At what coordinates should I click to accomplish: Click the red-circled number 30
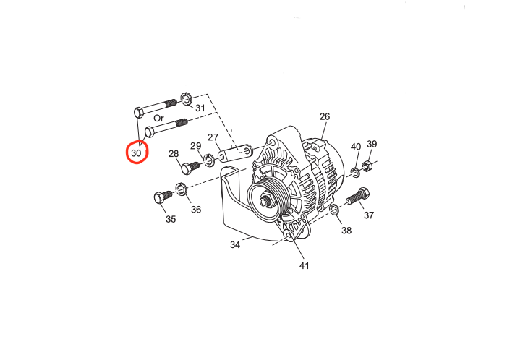tap(137, 153)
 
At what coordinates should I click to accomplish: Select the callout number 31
tap(200, 108)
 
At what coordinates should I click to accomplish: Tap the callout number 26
tap(324, 116)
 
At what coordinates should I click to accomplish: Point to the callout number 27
tap(213, 137)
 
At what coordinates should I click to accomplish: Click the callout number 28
tap(174, 153)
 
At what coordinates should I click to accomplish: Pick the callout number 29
tap(196, 147)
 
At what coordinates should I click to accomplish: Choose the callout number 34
tap(235, 245)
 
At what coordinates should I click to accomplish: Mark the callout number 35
tap(170, 218)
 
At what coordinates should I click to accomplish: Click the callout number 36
tap(196, 210)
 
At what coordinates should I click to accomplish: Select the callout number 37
tap(369, 215)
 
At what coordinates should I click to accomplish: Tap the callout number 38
tap(346, 231)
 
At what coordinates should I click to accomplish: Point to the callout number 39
tap(372, 144)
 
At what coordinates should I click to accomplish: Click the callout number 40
tap(356, 147)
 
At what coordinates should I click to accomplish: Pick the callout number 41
tap(304, 266)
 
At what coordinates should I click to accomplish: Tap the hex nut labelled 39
tap(367, 166)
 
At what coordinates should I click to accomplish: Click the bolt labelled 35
tap(162, 197)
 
